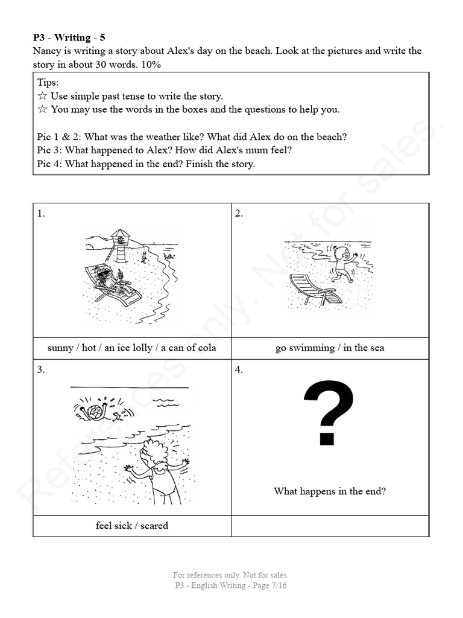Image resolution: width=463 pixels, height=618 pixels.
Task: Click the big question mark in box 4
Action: tap(329, 413)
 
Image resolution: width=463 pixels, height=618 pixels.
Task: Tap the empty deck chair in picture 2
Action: tap(313, 289)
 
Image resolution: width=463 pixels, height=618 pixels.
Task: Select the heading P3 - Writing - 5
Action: tap(69, 37)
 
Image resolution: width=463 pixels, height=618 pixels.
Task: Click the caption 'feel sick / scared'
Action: tap(131, 526)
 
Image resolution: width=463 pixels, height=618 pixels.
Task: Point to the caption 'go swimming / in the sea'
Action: tap(330, 348)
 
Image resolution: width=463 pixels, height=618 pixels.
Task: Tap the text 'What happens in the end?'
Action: tap(330, 491)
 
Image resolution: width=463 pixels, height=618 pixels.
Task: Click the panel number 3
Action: tap(40, 370)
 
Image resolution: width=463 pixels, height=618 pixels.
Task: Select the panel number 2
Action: tap(239, 213)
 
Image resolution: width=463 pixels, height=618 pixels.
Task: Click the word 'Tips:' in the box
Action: tap(48, 83)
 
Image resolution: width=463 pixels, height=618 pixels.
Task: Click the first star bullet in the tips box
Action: tap(42, 96)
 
